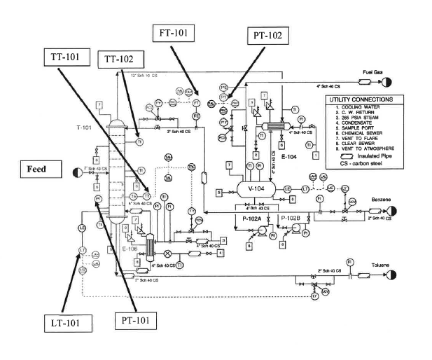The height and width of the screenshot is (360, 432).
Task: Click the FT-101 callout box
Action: [174, 32]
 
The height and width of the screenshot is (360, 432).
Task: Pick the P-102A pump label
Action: [246, 219]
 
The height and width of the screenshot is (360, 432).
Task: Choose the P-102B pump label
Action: [290, 219]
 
